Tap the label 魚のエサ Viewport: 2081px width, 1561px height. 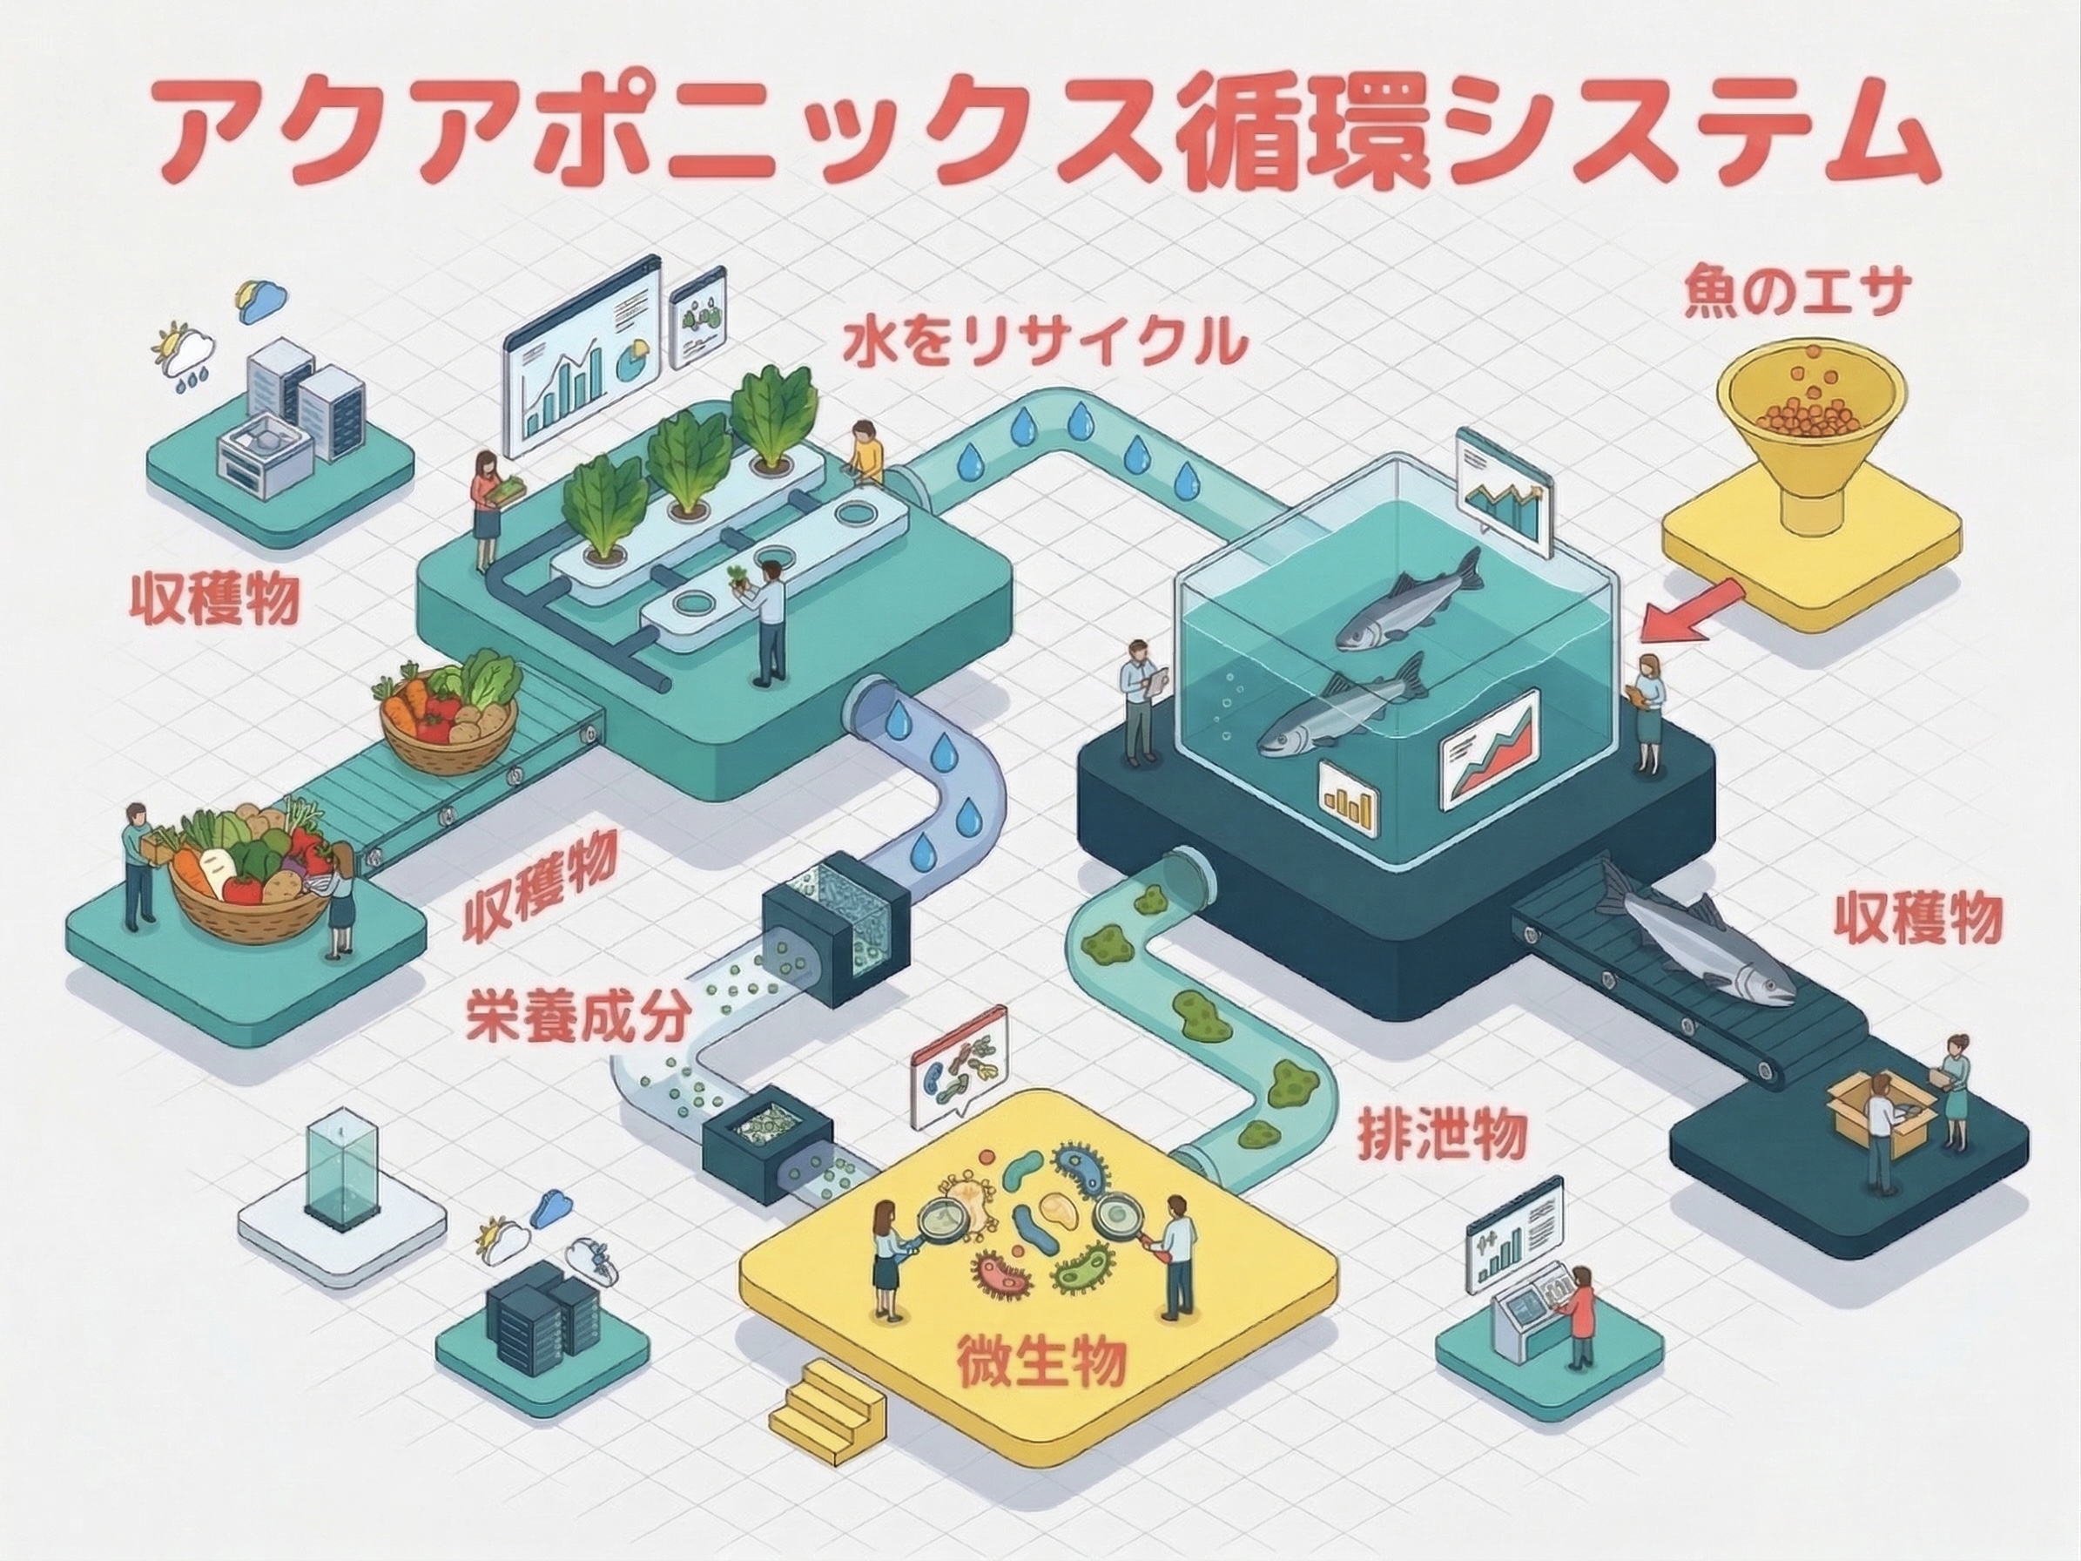click(1791, 294)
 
